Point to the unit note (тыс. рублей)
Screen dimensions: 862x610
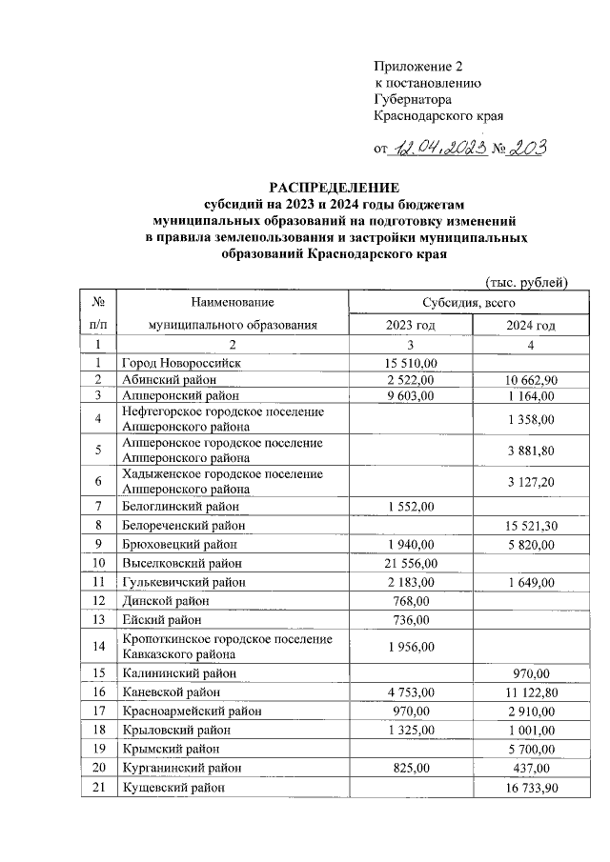[526, 282]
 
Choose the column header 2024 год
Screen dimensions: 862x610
[531, 326]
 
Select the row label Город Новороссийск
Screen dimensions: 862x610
[182, 363]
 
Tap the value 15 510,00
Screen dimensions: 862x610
[411, 363]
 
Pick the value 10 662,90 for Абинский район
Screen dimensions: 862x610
[531, 379]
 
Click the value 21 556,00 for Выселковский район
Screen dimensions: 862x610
[411, 563]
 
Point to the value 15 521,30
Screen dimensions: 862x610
[531, 525]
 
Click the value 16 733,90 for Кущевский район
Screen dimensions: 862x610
[531, 788]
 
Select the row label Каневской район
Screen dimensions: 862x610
[171, 692]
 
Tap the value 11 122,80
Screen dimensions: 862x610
[531, 692]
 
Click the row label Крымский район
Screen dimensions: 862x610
[169, 749]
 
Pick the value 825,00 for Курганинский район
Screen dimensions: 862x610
[412, 768]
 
